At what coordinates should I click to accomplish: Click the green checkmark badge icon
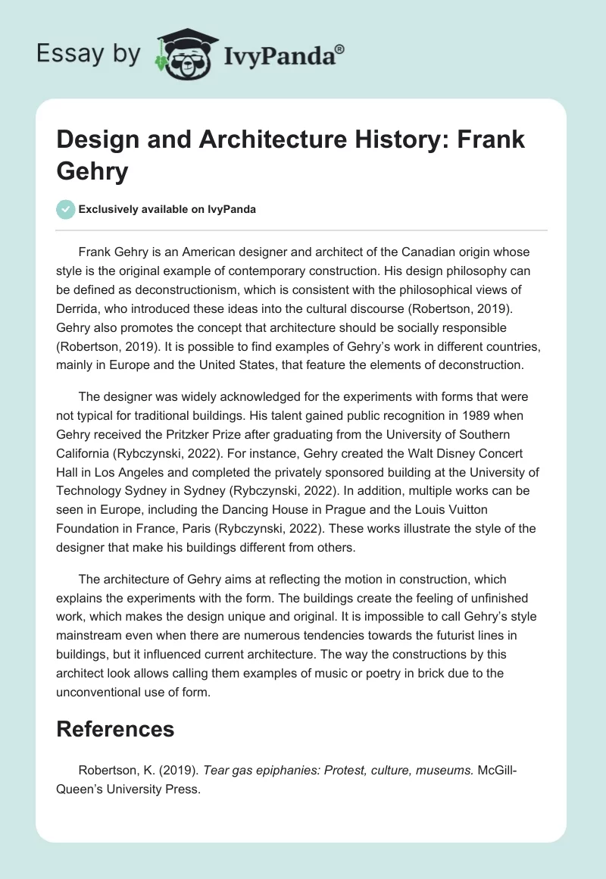point(66,209)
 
